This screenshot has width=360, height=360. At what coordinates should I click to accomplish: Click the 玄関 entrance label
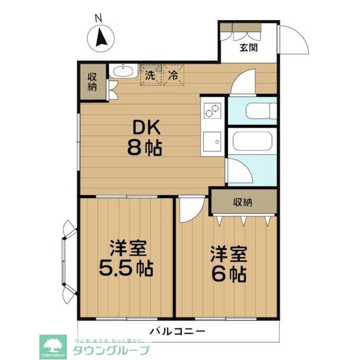[x=249, y=48]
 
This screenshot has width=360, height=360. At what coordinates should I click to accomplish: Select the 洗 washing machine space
[x=150, y=74]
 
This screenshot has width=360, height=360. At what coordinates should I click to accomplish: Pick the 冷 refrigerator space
[x=174, y=74]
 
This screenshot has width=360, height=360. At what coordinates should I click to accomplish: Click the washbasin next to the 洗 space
[x=121, y=71]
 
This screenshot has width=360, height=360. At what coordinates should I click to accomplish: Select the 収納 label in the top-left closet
[x=92, y=82]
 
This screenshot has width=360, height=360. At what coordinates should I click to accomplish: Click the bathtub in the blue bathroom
[x=251, y=143]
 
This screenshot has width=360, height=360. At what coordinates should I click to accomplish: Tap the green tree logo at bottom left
[x=53, y=346]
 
